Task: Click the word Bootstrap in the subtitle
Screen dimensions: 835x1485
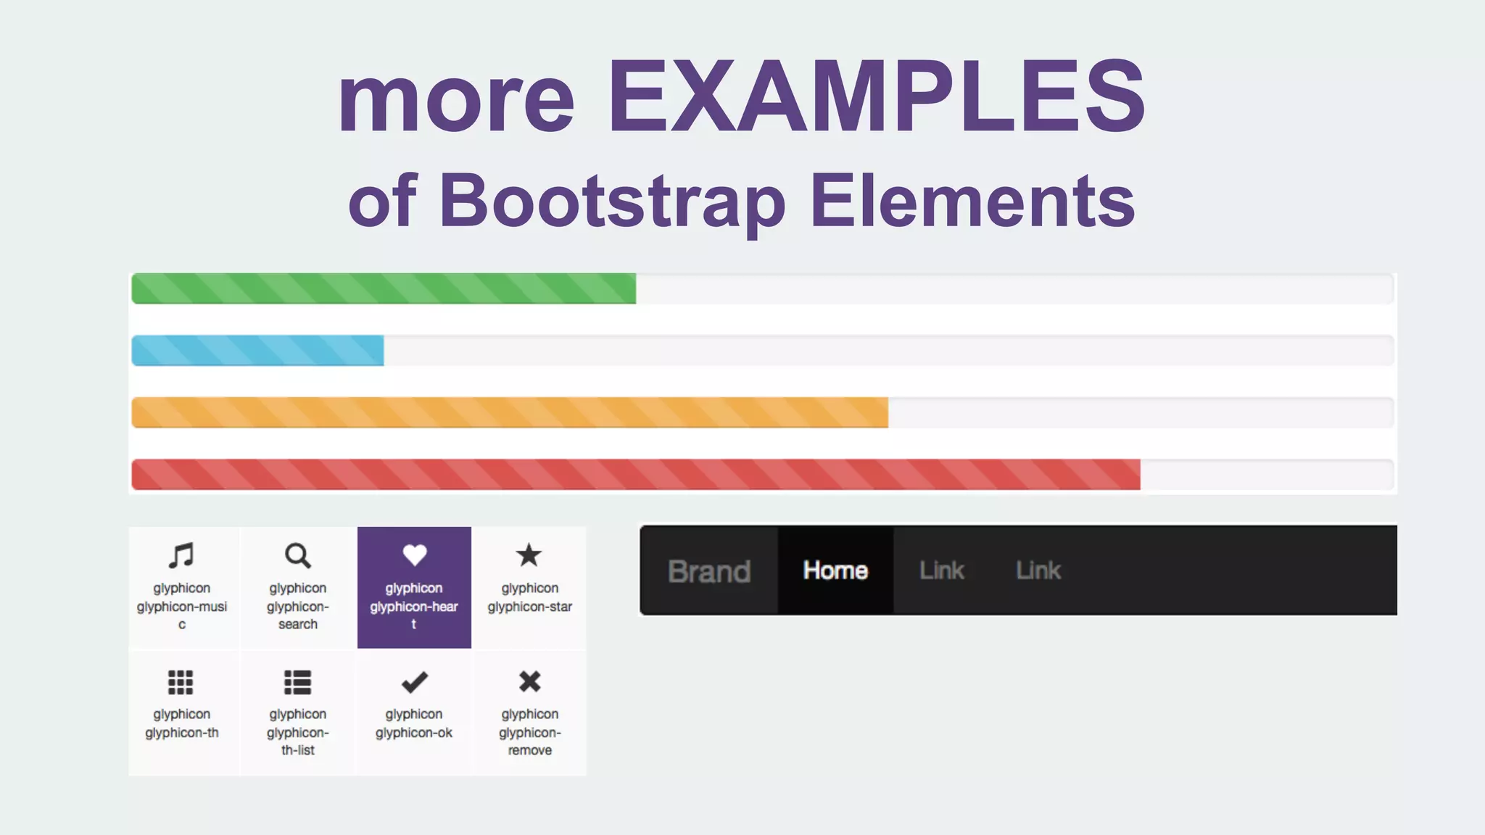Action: point(613,201)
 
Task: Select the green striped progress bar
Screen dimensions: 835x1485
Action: point(384,288)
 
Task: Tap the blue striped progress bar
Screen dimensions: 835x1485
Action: point(257,351)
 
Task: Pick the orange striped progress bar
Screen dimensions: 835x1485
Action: point(509,412)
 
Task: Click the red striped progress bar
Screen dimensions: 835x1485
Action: point(635,475)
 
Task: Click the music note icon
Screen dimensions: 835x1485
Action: point(181,556)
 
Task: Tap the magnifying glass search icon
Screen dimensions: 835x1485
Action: point(297,556)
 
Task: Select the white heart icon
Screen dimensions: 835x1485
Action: point(414,555)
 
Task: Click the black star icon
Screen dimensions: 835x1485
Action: point(529,555)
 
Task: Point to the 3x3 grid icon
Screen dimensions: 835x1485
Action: point(181,682)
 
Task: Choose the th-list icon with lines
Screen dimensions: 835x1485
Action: point(297,682)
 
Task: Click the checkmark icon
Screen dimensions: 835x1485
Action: point(414,682)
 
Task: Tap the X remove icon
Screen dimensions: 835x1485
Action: point(530,681)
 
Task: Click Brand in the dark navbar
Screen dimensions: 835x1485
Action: point(709,571)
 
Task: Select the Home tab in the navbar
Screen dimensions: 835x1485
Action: point(835,570)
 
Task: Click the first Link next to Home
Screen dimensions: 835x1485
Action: point(942,570)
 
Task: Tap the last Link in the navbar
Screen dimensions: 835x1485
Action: point(1038,570)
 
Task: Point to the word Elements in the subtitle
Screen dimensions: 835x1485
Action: point(972,201)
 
